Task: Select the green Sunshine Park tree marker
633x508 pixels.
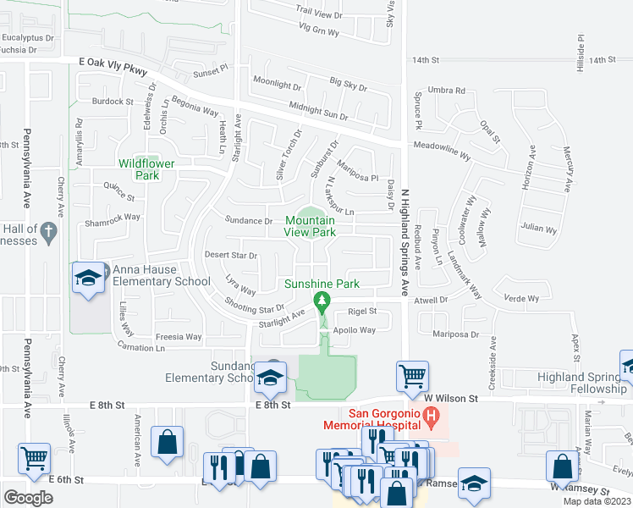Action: (x=322, y=301)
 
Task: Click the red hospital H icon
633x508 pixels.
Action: (x=432, y=416)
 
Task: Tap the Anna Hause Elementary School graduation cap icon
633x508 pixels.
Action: (x=88, y=279)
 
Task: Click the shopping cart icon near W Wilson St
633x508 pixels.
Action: (x=412, y=374)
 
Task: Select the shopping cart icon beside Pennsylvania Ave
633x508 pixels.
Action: (x=34, y=458)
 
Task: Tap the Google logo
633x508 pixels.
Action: (x=28, y=497)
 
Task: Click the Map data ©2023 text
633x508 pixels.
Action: (x=597, y=501)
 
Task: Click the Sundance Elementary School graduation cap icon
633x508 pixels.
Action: (x=269, y=377)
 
